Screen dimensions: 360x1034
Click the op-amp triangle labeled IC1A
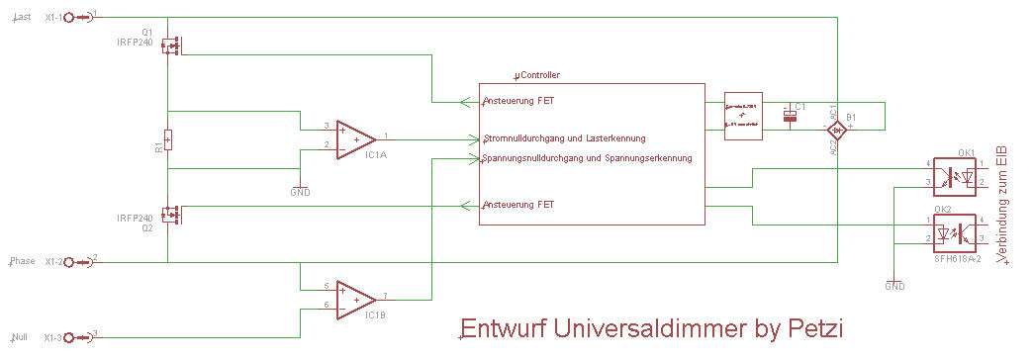pyautogui.click(x=354, y=138)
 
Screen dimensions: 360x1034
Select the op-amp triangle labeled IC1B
pyautogui.click(x=354, y=299)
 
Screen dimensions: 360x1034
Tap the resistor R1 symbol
pyautogui.click(x=168, y=139)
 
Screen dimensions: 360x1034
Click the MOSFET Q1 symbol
pyautogui.click(x=175, y=45)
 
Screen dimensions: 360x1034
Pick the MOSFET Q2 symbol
pyautogui.click(x=175, y=213)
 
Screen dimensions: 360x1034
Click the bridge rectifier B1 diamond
pyautogui.click(x=836, y=130)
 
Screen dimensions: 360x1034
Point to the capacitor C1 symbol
pyautogui.click(x=790, y=117)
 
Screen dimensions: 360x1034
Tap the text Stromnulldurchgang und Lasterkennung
pyautogui.click(x=564, y=138)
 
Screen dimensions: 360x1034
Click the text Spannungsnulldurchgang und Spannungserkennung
pyautogui.click(x=587, y=158)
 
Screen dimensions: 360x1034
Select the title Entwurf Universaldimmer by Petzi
pyautogui.click(x=651, y=326)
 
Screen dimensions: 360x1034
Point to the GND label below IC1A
pyautogui.click(x=300, y=193)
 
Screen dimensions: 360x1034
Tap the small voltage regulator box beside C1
pyautogui.click(x=743, y=117)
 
